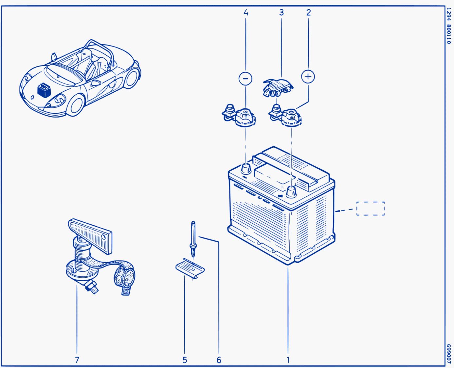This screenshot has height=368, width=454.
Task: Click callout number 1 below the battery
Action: point(288,360)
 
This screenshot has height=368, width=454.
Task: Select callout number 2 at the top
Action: point(308,12)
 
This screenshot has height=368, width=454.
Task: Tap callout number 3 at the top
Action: point(281,12)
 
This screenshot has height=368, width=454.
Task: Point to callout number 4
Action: point(246,12)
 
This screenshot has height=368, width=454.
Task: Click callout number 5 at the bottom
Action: point(185,360)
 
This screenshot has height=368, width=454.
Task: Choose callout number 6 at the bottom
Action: point(219,360)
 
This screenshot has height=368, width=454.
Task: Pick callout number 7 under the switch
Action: point(77,360)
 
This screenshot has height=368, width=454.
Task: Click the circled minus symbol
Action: point(245,79)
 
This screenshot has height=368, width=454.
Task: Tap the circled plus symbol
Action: point(308,77)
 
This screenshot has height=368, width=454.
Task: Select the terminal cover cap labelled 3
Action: point(278,88)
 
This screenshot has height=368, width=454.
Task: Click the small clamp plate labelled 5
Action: point(190,269)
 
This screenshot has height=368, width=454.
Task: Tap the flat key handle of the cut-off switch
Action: point(90,236)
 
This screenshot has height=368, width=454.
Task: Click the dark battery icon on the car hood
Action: point(44,90)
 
